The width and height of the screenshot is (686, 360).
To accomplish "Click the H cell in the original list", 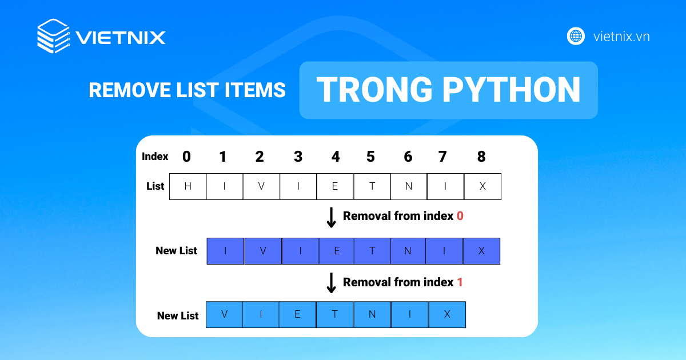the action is click(x=188, y=186).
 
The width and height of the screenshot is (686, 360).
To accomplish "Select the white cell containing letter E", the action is click(x=335, y=186).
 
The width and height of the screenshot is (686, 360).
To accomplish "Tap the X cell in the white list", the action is click(x=482, y=186).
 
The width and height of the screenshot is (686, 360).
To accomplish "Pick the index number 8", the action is click(x=481, y=157).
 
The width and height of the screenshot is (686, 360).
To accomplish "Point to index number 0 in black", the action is click(x=186, y=157).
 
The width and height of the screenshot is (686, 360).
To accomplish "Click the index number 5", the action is click(x=370, y=157).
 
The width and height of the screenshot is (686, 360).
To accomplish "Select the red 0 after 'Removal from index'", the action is click(x=460, y=216).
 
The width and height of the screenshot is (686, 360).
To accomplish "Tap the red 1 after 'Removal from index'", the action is click(x=460, y=282).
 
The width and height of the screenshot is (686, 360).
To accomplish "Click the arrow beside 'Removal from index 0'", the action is click(x=331, y=218).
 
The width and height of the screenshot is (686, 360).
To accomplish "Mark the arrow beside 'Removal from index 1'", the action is click(x=331, y=283).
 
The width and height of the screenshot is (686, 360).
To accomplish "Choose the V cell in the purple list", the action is click(x=263, y=251).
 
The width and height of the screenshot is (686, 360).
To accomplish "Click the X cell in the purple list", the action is click(x=481, y=251).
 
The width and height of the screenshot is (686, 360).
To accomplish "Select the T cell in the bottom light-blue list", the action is click(x=335, y=314).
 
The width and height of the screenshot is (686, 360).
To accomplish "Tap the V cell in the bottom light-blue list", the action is click(x=224, y=314).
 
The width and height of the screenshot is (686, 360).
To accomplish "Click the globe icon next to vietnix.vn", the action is click(x=576, y=36).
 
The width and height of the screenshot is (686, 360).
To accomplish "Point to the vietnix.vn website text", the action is click(x=621, y=37).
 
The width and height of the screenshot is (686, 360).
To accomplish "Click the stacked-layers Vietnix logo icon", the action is click(x=53, y=36).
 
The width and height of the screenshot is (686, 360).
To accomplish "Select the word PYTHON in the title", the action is click(x=511, y=90).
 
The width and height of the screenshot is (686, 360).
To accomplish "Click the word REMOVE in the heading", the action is click(x=130, y=90).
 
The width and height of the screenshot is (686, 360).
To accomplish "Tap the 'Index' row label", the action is click(x=155, y=157).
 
